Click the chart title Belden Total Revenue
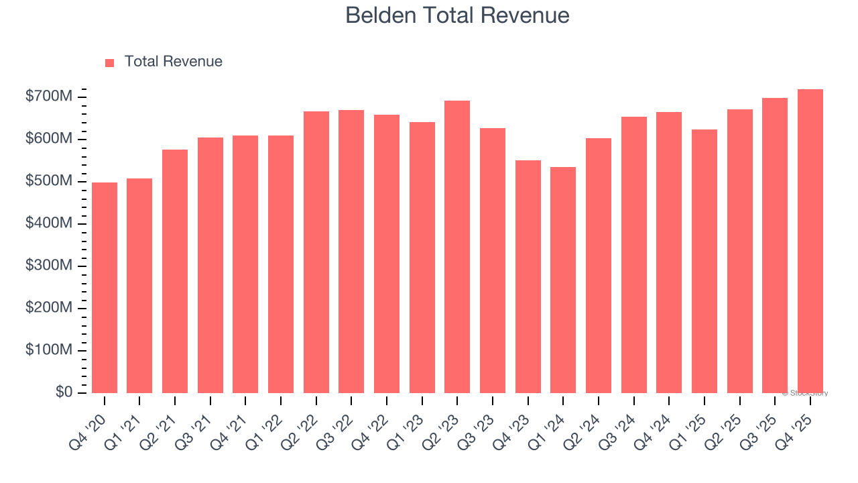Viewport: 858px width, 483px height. click(x=457, y=15)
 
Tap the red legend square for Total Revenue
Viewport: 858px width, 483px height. click(x=110, y=62)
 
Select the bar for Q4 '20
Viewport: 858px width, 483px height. click(x=105, y=288)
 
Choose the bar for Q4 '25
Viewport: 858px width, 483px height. click(x=810, y=241)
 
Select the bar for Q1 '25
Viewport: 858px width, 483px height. click(x=704, y=261)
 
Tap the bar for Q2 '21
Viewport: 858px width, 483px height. click(x=175, y=271)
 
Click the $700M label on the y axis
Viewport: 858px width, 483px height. click(x=49, y=97)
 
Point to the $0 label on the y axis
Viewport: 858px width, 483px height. click(x=64, y=392)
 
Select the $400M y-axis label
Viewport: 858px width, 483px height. click(x=49, y=223)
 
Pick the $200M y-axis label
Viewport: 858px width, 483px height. click(x=49, y=308)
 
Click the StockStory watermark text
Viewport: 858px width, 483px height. click(x=804, y=393)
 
